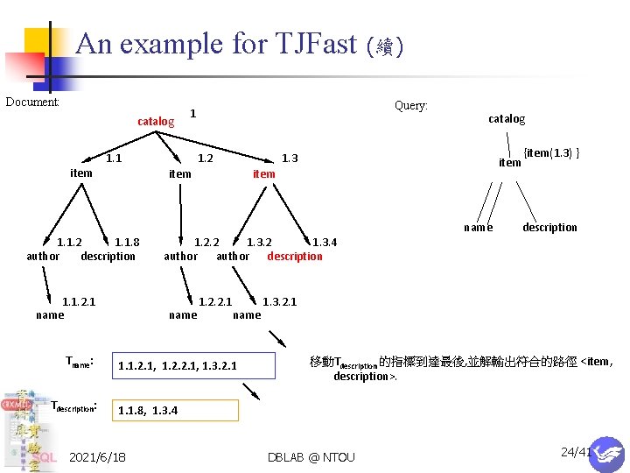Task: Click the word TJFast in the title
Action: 311,43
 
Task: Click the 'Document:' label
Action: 32,102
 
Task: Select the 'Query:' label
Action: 411,106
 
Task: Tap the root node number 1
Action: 193,113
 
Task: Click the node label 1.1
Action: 114,159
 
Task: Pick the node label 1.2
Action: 206,159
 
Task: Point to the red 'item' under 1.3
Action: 263,173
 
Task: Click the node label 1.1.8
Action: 127,243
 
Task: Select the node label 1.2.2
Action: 206,243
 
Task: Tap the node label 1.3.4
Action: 325,243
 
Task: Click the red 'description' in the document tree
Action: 295,257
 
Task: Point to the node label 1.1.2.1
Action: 79,302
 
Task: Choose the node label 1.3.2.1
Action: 280,302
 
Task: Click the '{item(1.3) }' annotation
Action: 552,153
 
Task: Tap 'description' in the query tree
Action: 549,228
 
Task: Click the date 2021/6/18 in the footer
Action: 97,457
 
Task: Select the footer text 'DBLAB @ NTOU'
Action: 312,457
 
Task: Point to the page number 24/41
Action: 576,452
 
